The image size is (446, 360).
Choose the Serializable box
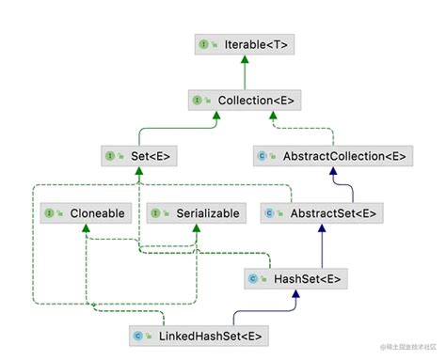[x=193, y=213]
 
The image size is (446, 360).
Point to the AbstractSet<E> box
[x=321, y=213]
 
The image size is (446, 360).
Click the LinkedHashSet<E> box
[x=200, y=334]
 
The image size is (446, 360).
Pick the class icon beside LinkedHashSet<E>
[x=139, y=334]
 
